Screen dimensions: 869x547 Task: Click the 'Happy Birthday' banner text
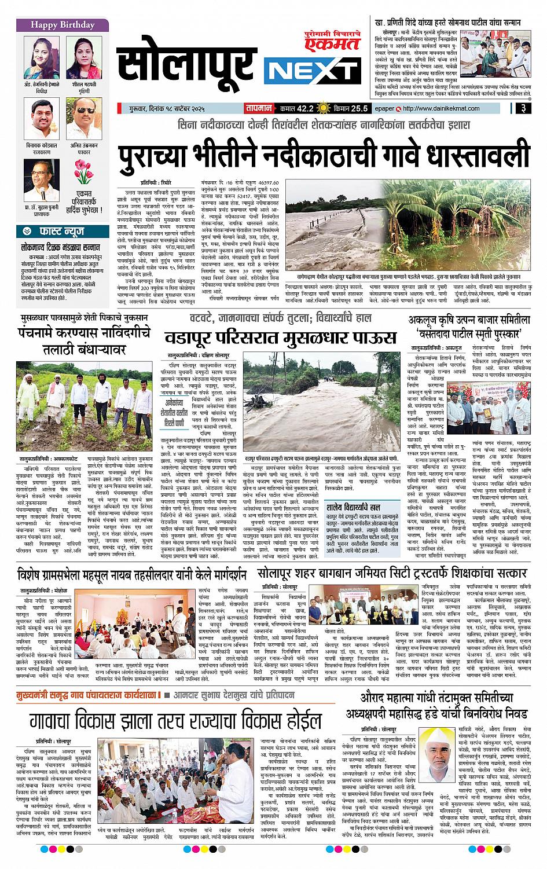coord(62,25)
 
